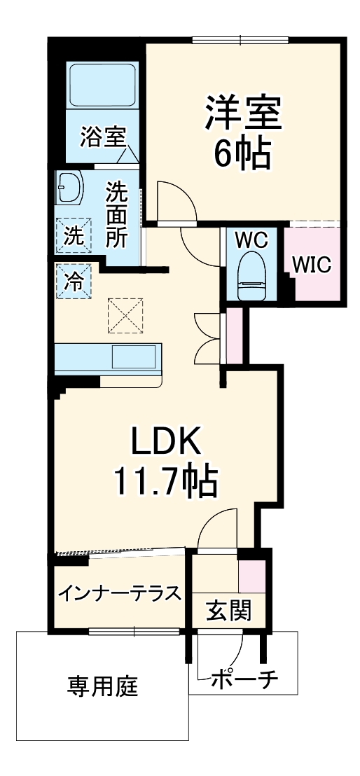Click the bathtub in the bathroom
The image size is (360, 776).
click(102, 85)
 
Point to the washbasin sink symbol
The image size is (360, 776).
click(69, 188)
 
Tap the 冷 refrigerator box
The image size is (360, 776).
click(74, 282)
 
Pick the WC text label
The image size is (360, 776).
click(251, 240)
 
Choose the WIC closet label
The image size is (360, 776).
click(311, 265)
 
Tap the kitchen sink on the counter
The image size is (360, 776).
click(134, 359)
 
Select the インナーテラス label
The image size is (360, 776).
click(119, 593)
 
